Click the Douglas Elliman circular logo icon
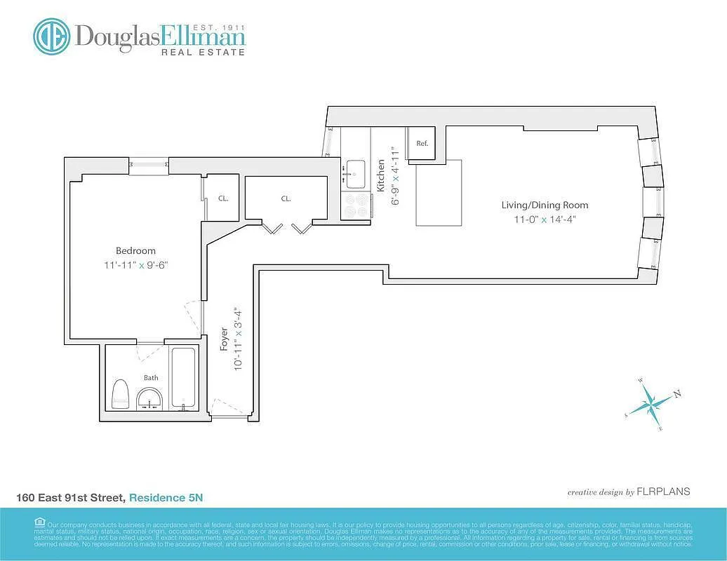point(51,36)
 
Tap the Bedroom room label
point(135,250)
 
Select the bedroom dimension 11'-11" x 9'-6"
point(135,266)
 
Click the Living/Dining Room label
point(545,205)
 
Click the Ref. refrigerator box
point(422,143)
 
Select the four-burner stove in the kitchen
point(356,205)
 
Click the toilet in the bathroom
point(121,394)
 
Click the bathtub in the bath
point(185,379)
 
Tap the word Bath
point(151,377)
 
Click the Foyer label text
point(224,339)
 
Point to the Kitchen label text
point(381,175)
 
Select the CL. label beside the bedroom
point(222,198)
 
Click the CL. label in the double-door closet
point(286,198)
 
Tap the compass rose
point(652,404)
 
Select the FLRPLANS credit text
point(662,492)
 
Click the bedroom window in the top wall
point(149,165)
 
